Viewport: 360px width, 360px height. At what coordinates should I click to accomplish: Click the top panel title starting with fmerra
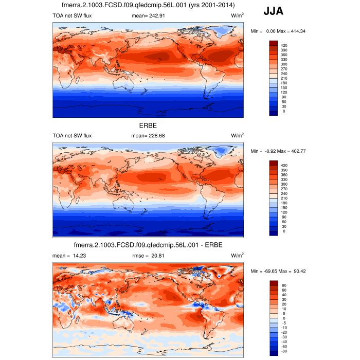pos(148,5)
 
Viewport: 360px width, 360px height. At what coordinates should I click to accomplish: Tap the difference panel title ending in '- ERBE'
pos(148,245)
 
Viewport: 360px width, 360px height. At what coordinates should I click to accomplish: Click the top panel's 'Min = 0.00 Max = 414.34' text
pos(278,32)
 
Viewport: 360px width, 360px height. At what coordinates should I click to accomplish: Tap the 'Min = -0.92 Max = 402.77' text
pos(278,152)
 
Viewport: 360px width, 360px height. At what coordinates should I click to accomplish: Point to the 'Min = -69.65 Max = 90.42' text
pos(278,272)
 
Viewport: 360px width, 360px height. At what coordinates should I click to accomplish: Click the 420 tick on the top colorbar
pos(284,46)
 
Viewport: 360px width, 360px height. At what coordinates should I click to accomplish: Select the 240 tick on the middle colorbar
pos(284,194)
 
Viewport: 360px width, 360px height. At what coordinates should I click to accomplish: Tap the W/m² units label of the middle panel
pos(237,136)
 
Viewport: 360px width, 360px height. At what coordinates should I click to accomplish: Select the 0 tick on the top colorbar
pos(284,111)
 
